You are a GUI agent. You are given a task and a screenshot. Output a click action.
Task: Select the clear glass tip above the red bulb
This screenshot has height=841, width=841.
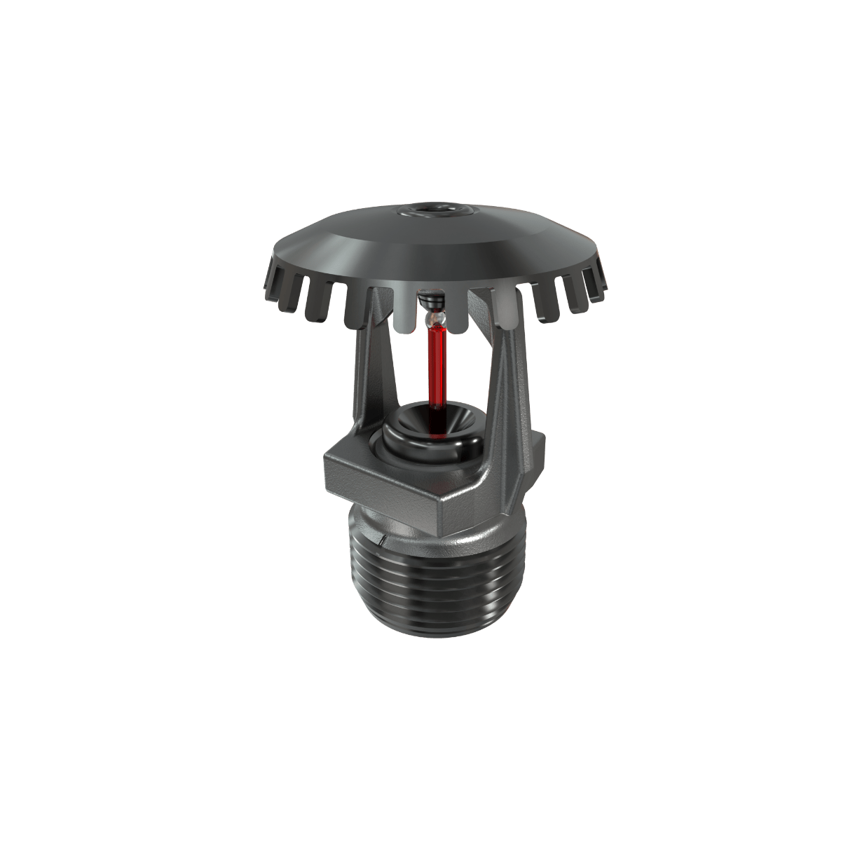pyautogui.click(x=434, y=319)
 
